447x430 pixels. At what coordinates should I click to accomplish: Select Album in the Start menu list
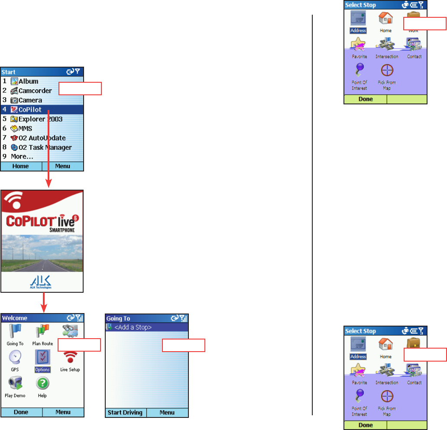click(x=28, y=81)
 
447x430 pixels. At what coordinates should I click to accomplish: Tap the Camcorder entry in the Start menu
click(x=35, y=91)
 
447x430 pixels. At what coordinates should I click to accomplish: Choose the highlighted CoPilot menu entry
click(x=30, y=110)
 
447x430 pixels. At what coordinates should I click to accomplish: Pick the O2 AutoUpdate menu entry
click(x=42, y=138)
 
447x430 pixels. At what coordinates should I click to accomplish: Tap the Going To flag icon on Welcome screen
click(x=15, y=332)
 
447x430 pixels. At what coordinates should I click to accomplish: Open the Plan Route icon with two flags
click(x=42, y=332)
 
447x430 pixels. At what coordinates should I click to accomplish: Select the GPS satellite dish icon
click(x=15, y=358)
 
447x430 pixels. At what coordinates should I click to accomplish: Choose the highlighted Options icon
click(x=42, y=359)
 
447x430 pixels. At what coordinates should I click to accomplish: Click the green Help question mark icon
click(x=42, y=384)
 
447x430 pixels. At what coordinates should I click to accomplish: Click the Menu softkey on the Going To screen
click(x=167, y=413)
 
